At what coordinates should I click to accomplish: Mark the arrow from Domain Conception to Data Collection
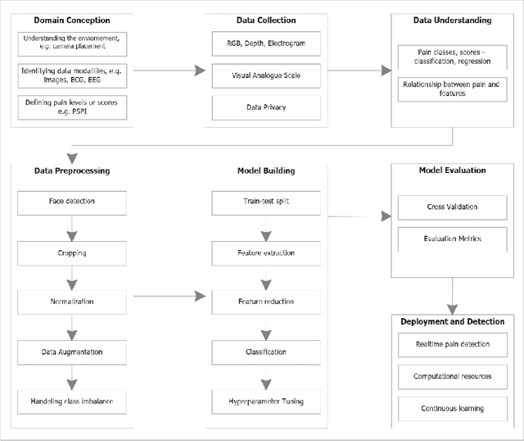coord(168,71)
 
